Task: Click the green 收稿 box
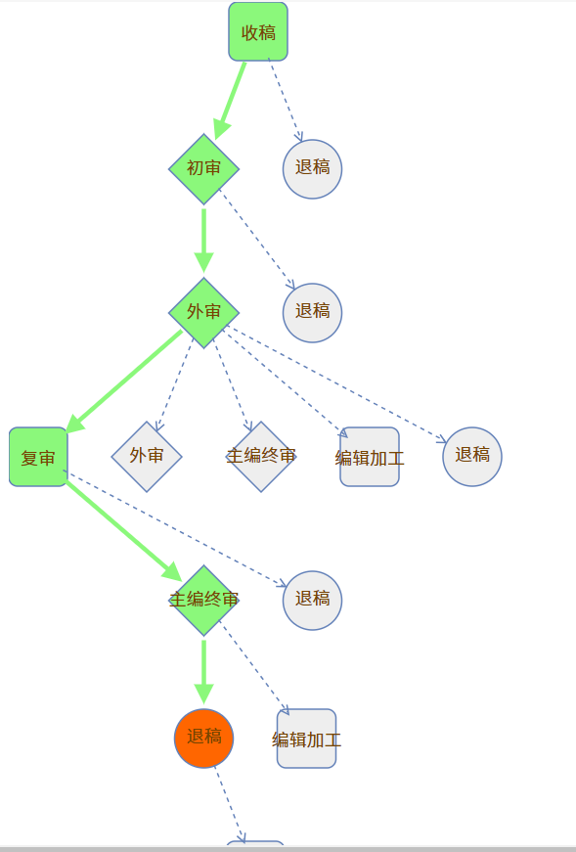coord(258,31)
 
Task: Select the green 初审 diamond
coord(203,169)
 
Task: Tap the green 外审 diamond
coord(203,312)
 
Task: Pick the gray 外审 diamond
coord(147,457)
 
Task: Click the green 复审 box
coord(38,457)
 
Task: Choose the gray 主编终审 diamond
coord(261,457)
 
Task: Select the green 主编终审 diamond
coord(203,601)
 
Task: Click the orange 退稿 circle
coord(203,738)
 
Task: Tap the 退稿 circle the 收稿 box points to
coord(313,169)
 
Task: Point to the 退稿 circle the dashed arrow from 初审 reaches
coord(313,313)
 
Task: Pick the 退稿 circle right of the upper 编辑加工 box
coord(472,457)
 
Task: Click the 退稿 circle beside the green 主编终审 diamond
coord(313,601)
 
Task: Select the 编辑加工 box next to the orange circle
coord(306,739)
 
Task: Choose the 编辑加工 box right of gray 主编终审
coord(370,457)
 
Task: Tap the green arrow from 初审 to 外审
coord(203,241)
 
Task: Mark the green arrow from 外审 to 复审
coord(124,381)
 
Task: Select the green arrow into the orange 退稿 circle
coord(203,672)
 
